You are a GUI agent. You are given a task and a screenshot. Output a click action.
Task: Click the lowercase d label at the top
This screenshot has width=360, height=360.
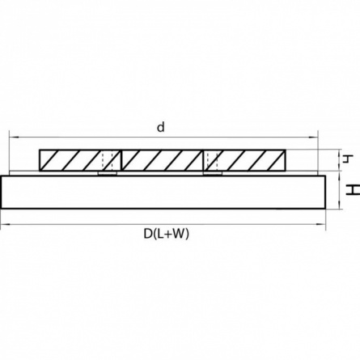tap(161, 127)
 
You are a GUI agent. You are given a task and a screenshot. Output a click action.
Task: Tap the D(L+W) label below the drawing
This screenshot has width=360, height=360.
tap(166, 234)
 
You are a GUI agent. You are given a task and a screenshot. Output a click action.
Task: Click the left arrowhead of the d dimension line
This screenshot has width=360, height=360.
tap(13, 138)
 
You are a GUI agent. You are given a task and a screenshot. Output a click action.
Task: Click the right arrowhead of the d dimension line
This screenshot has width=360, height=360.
tap(314, 138)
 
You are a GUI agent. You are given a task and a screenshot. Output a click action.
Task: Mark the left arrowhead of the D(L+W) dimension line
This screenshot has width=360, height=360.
tap(4, 224)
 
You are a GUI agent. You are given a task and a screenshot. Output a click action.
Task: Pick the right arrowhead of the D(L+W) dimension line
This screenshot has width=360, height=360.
tap(322, 224)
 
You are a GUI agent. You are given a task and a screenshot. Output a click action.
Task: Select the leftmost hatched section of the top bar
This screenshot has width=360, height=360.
tap(80, 160)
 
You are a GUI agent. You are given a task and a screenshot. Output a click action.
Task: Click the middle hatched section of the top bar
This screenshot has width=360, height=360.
tap(163, 160)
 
